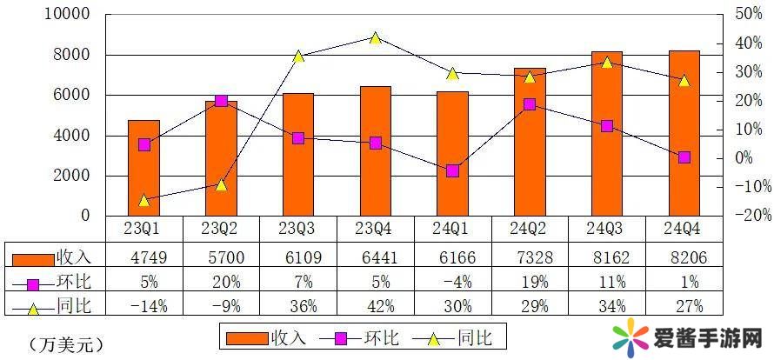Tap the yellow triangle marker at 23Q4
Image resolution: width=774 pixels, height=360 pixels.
(x=375, y=38)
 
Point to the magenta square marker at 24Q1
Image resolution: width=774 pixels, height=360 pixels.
(x=452, y=170)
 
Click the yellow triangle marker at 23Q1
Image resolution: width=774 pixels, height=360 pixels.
(x=143, y=200)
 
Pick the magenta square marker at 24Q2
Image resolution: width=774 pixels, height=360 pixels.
(x=530, y=104)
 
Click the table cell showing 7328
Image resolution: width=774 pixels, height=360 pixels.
(x=530, y=257)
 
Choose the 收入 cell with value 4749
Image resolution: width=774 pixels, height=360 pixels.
(x=143, y=257)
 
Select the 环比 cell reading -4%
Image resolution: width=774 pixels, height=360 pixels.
(x=452, y=282)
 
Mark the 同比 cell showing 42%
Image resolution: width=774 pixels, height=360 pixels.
(x=375, y=304)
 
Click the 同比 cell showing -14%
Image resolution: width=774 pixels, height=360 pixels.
(x=143, y=304)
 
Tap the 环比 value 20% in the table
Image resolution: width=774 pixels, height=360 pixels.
(x=221, y=282)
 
